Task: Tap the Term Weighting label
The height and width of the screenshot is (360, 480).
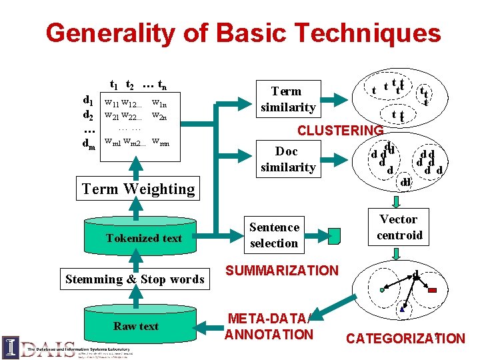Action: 138,189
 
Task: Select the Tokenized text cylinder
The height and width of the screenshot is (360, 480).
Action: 143,238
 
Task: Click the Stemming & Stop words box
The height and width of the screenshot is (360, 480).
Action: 135,279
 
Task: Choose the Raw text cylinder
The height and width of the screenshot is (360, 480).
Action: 136,326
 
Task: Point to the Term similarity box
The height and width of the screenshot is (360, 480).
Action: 287,99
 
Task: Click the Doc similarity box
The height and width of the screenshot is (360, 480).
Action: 287,159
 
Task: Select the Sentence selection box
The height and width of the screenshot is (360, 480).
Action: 274,235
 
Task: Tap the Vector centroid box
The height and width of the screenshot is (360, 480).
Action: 399,227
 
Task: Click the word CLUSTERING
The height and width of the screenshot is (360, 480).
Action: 340,131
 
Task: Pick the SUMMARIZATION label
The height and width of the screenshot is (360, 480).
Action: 282,271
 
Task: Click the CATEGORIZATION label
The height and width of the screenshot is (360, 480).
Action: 405,339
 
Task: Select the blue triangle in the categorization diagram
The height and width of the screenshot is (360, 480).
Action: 402,309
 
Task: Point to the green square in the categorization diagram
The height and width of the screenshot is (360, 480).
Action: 382,290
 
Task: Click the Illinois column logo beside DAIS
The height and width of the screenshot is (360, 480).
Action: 11,347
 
